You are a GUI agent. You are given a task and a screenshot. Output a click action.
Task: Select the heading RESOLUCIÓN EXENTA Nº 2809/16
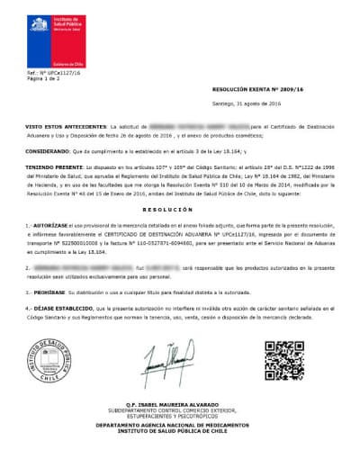(256, 91)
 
